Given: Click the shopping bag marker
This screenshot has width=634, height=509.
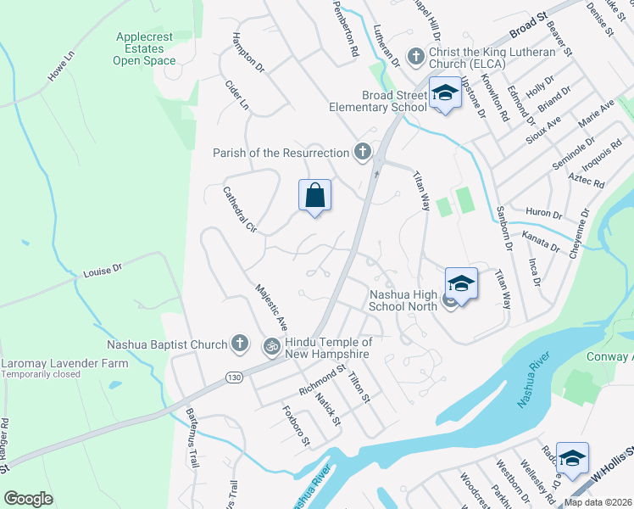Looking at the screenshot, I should [x=314, y=195].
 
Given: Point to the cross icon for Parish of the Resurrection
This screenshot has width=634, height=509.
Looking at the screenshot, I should [x=363, y=153].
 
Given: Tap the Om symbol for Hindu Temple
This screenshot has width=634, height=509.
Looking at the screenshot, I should [x=272, y=345].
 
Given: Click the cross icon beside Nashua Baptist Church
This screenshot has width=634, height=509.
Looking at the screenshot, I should [x=240, y=344].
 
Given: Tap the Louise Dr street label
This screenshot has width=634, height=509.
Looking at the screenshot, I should [x=103, y=270].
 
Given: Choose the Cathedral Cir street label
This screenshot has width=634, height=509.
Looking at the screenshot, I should [x=239, y=210].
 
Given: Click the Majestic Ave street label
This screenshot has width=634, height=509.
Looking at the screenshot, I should [x=273, y=307].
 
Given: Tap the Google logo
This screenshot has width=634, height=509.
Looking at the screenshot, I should [x=29, y=498].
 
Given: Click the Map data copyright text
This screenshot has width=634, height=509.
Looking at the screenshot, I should [x=598, y=502].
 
